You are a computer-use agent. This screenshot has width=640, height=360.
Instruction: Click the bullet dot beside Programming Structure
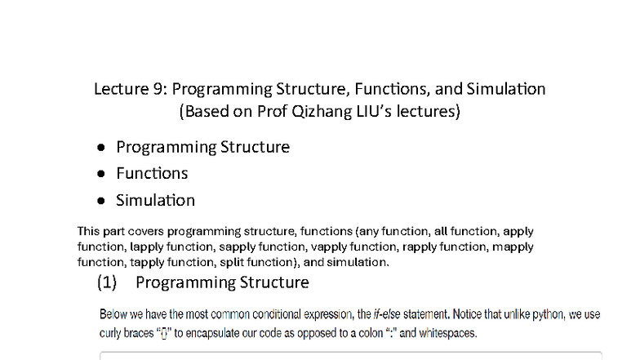[x=100, y=148]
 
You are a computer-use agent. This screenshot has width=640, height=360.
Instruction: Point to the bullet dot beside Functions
[x=100, y=174]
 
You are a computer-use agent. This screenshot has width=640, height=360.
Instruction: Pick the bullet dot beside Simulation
[x=100, y=201]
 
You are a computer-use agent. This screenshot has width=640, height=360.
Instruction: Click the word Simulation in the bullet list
[x=155, y=200]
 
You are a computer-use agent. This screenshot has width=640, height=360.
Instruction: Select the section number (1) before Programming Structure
[x=108, y=283]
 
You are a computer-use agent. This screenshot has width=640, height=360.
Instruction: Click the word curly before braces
[x=113, y=333]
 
